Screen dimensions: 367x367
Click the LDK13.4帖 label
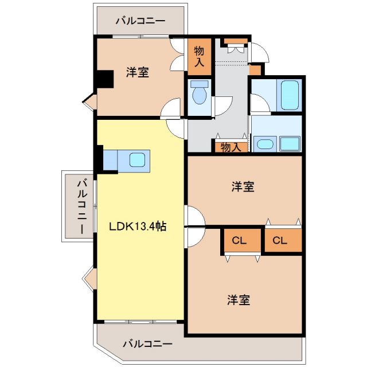(x=138, y=227)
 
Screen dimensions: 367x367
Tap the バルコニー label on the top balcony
(x=140, y=21)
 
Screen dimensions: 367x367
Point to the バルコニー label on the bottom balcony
(x=147, y=344)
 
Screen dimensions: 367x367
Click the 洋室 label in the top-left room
(x=138, y=73)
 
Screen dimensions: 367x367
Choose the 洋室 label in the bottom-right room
(x=238, y=300)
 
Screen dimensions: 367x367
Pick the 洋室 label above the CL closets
(x=243, y=186)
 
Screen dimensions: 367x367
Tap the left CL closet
(x=239, y=241)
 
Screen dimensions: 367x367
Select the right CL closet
(x=279, y=241)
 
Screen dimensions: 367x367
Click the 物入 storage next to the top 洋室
(x=200, y=56)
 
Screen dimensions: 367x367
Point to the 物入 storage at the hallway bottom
(x=231, y=147)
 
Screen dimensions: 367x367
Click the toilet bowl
(x=200, y=95)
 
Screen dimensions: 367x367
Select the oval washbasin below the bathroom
(x=266, y=144)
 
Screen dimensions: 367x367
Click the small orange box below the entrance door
(x=256, y=69)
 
